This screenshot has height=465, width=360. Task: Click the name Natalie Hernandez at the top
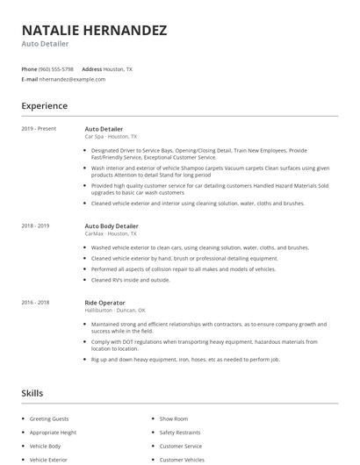click(94, 31)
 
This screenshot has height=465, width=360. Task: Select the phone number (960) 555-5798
click(57, 68)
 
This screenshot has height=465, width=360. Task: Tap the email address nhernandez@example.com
click(71, 79)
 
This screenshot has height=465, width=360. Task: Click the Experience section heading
click(44, 106)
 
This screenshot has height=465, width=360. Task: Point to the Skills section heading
click(32, 394)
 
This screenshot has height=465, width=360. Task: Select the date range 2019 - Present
click(39, 129)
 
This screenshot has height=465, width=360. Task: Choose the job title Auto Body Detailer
click(112, 226)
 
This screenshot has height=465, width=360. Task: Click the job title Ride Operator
click(104, 303)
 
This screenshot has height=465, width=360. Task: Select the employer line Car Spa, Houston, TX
click(111, 137)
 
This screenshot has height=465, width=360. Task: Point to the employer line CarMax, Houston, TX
click(111, 234)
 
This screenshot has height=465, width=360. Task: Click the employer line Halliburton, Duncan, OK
click(115, 311)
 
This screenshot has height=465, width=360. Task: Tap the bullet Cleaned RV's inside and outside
click(130, 280)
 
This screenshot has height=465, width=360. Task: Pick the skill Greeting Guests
click(49, 419)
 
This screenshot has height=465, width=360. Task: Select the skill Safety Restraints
click(179, 433)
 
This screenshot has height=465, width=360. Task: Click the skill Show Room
click(174, 419)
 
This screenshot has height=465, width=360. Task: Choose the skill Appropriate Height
click(53, 433)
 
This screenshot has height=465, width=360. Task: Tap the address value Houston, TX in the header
click(118, 68)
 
